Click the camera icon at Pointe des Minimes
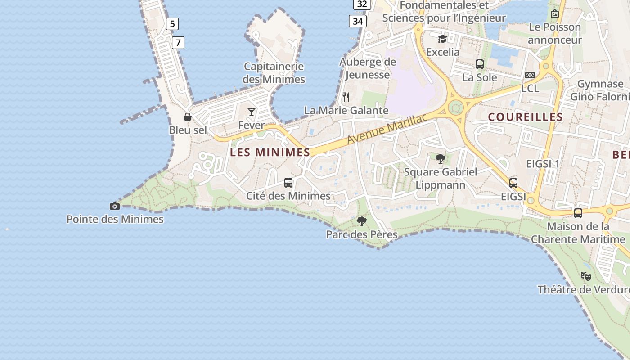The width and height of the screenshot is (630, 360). coord(115,206)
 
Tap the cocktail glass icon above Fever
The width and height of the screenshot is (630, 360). coord(252,112)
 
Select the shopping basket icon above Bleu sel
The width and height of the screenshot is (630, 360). coord(188,117)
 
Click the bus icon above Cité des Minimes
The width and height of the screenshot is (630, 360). coord(288,183)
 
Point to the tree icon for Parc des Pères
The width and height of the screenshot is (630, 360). coord(361,221)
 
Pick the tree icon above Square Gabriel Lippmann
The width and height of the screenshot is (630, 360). coord(441,158)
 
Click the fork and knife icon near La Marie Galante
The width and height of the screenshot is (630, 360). coord(346,97)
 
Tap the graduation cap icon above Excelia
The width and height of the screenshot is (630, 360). coord(443,39)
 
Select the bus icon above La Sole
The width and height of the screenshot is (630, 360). coord(480,64)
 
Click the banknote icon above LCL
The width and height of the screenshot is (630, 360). coord(530,75)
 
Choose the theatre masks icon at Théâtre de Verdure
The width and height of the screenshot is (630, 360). coord(585,276)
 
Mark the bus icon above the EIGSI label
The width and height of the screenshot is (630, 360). coord(513,183)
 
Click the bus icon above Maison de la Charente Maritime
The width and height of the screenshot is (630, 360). coord(578,213)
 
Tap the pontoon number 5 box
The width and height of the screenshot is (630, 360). coord(172,24)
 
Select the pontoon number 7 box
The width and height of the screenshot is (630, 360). coord(178,43)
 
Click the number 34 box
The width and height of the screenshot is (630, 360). coord(358,21)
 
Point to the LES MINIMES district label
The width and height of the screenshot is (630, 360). coord(270,152)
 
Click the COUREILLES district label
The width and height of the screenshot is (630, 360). coord(526,117)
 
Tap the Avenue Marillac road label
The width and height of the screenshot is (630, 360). coord(387,129)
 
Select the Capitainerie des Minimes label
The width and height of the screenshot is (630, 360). coord(274,73)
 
